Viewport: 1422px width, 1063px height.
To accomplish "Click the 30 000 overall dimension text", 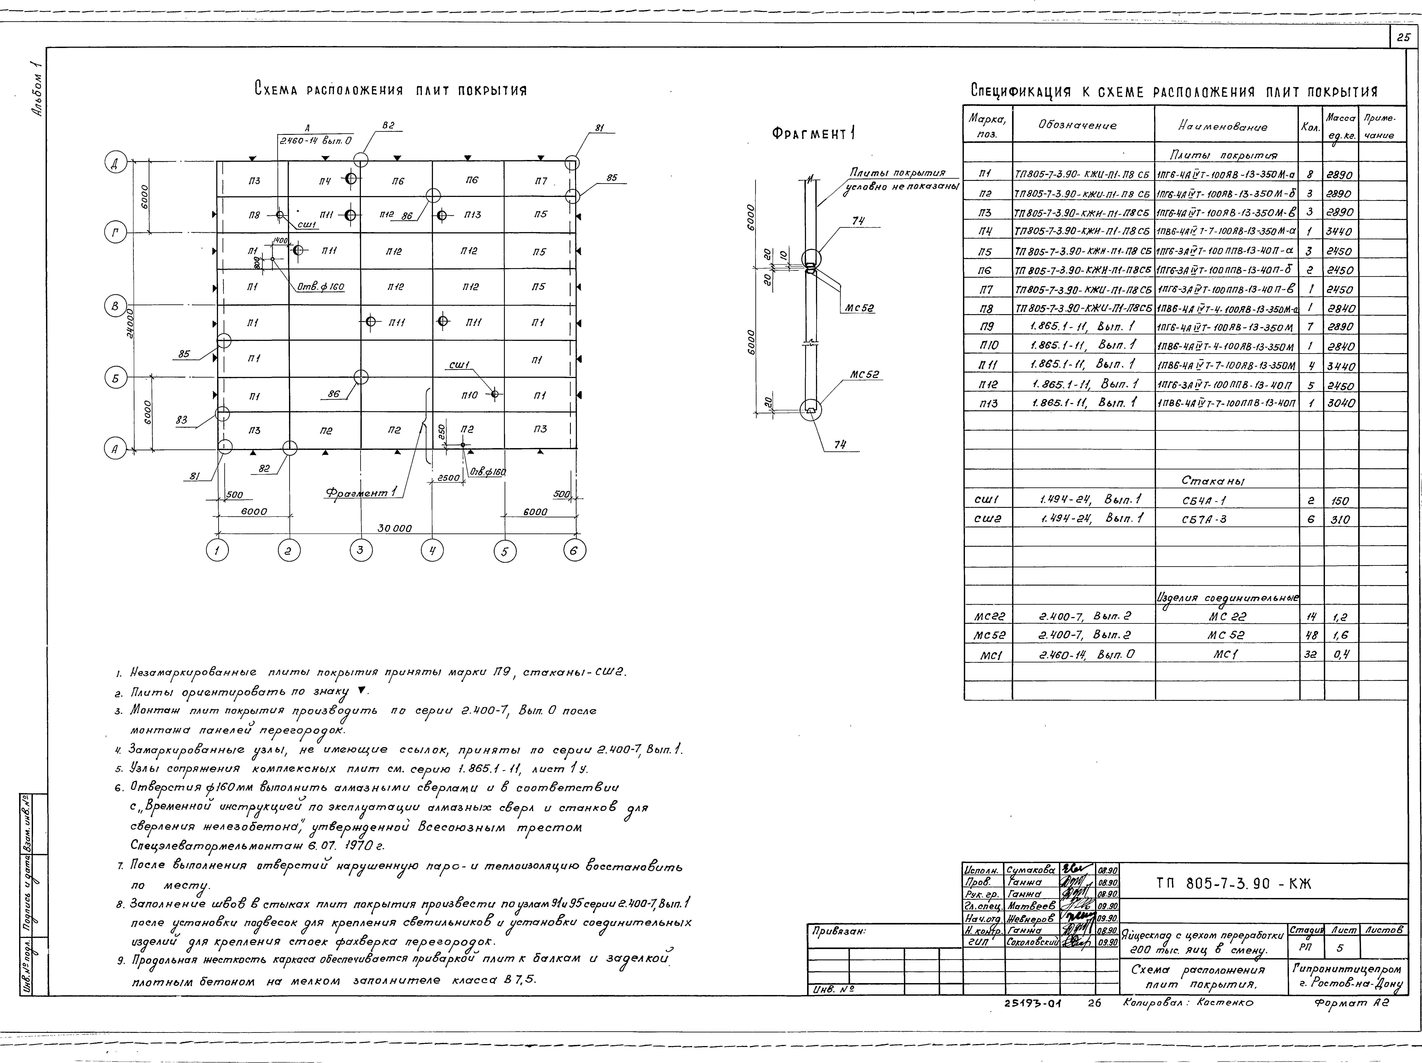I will [x=394, y=528].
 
